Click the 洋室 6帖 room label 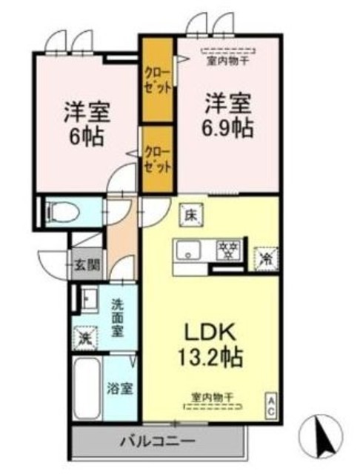tap(87, 123)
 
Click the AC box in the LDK tap(271, 404)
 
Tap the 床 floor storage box tap(190, 216)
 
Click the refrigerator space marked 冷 tap(264, 256)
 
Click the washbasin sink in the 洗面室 tap(87, 301)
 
